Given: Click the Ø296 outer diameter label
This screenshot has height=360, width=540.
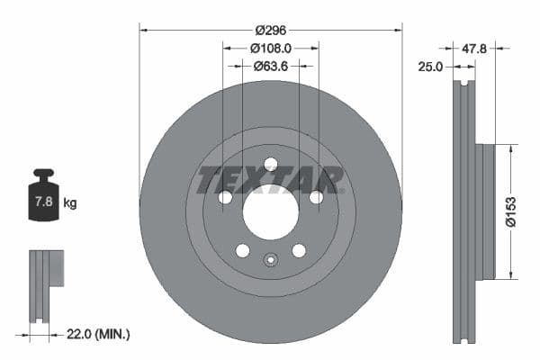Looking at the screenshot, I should coord(270,30).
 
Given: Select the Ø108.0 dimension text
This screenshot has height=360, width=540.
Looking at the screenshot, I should coord(270,48).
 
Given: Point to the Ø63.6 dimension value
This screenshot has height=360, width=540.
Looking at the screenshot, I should coord(270,65).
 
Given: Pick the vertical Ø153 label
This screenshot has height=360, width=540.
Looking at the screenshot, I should coord(508,210).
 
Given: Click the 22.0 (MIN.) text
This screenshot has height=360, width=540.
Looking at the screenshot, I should coord(99,334).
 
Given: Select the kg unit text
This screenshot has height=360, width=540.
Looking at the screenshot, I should coord(70,203).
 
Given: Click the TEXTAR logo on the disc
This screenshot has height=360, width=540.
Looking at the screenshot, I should coord(270,179).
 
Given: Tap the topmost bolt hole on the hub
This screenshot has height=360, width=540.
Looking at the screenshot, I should coord(270,164).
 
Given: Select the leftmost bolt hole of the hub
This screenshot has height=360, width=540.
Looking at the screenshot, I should coord(225,197).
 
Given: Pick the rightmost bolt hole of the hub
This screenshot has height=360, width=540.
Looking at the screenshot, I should coord(316,197).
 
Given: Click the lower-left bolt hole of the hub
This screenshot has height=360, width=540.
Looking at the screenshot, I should coord(242,250).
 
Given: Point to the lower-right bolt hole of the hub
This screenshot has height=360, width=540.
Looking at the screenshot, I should coord(299,250).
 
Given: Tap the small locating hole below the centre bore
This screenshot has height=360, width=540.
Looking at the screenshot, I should coord(270,261).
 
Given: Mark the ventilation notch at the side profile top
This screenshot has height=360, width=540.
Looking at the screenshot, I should coord(463,86).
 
